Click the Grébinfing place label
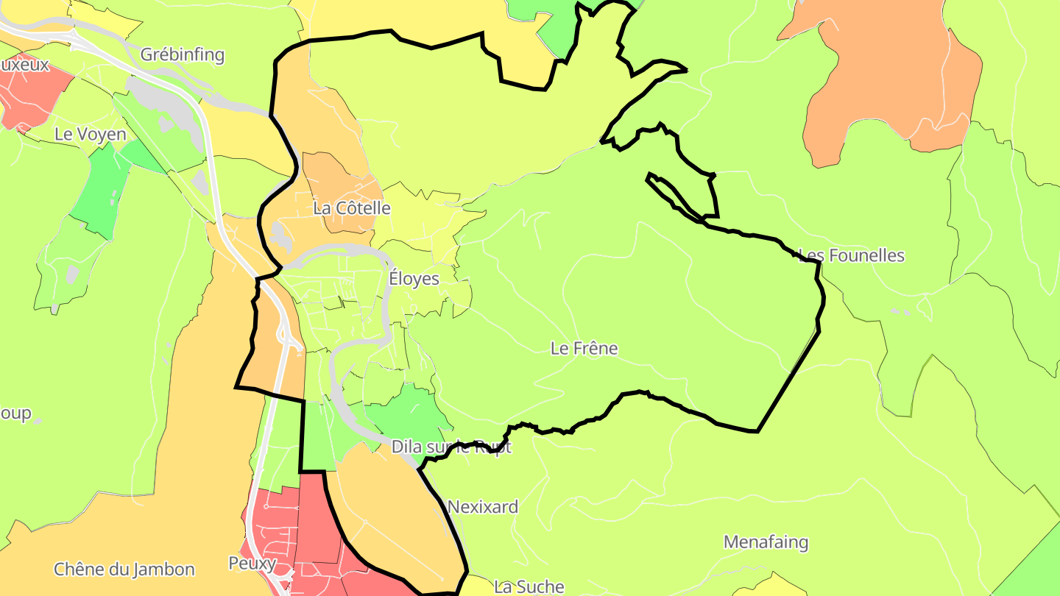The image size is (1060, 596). click(x=182, y=54)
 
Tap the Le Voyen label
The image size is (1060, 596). click(x=91, y=135)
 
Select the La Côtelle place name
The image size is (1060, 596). click(x=352, y=208)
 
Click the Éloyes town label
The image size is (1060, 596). click(x=414, y=279)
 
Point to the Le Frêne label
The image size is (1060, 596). click(x=584, y=348)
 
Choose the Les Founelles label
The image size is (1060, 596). click(x=852, y=255)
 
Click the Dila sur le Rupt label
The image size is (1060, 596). click(x=451, y=447)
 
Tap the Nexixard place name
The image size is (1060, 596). click(x=482, y=507)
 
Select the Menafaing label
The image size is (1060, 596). click(x=766, y=542)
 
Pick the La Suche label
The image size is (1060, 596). click(x=529, y=586)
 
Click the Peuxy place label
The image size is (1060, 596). click(x=252, y=564)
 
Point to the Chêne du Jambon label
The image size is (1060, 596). click(x=124, y=569)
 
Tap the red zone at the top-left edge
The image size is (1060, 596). click(x=29, y=96)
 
